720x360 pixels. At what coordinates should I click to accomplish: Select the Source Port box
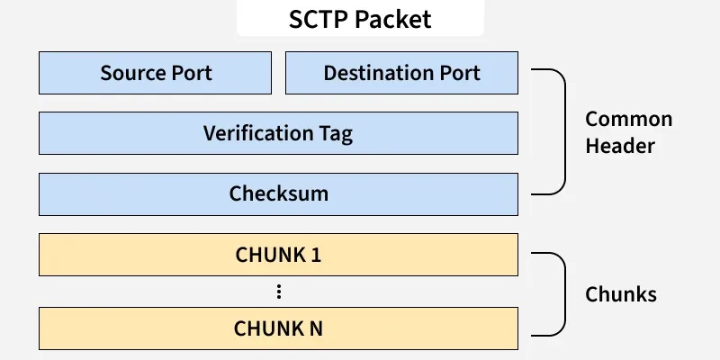tap(155, 73)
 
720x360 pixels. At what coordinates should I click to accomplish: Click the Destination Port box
tap(401, 73)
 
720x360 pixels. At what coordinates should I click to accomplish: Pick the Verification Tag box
tap(278, 134)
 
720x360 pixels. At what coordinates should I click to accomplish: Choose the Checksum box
tap(278, 193)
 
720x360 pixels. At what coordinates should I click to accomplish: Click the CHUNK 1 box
tap(278, 255)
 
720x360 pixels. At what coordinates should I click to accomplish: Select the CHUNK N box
tap(278, 328)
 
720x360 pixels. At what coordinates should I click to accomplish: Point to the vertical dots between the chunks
tap(279, 292)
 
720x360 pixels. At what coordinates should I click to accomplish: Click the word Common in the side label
tap(628, 120)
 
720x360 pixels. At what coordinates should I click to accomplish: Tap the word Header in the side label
tap(619, 147)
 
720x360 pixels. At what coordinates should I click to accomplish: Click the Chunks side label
tap(620, 294)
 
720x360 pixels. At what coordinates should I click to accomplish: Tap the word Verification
tap(256, 134)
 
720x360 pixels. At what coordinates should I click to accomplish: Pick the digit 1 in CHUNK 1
tap(316, 255)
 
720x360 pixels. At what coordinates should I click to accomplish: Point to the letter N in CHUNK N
tap(315, 328)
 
